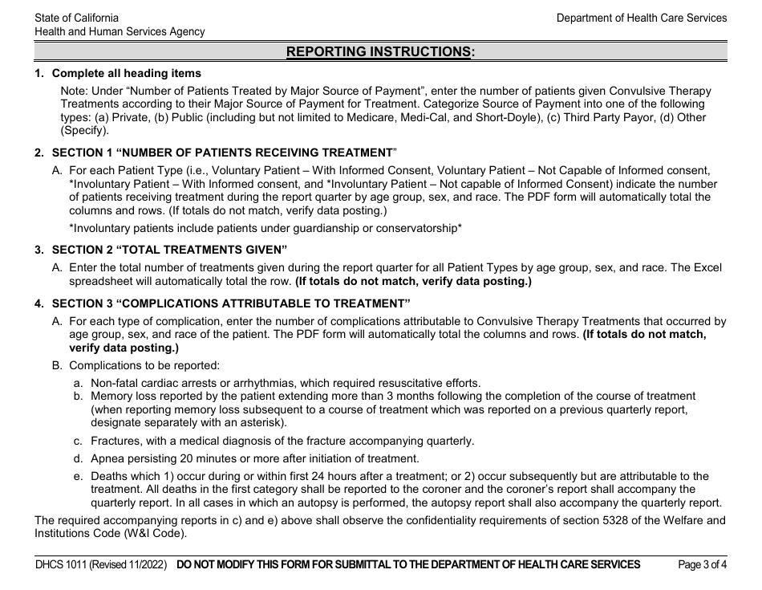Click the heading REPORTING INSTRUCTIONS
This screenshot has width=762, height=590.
point(380,52)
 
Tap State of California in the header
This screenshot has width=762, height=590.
point(77,18)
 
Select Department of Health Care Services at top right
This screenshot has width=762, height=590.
point(642,18)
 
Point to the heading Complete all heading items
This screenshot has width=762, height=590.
point(127,74)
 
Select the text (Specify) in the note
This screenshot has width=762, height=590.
point(84,130)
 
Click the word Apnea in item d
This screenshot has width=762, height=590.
point(107,458)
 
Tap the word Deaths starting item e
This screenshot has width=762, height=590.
point(109,476)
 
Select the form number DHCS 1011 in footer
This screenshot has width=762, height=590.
point(61,564)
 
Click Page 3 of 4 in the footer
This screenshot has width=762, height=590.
point(703,564)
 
